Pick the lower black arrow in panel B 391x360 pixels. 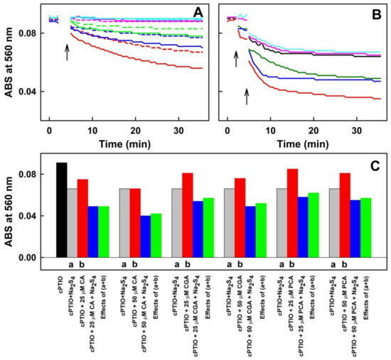click(247, 95)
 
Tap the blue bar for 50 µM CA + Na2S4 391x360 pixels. click(144, 236)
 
